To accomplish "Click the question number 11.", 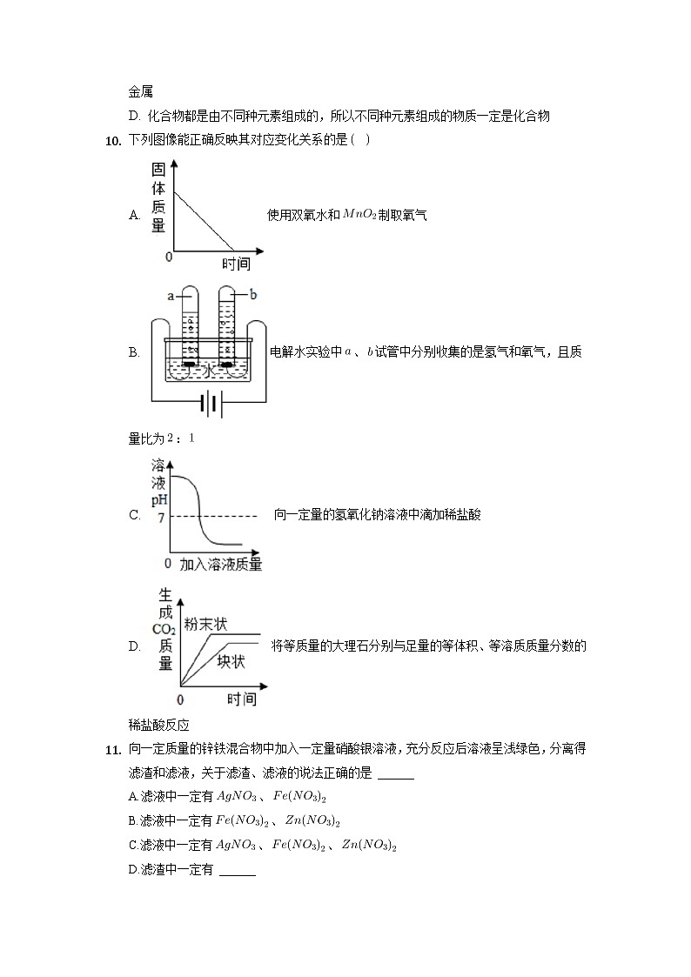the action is [x=112, y=749].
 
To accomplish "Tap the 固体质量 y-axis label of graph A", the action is [x=158, y=197].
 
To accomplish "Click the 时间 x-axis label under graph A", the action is [x=236, y=264].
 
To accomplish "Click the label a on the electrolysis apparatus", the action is [x=172, y=296].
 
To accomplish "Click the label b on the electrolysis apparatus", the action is [x=253, y=295].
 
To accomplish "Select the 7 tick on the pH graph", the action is [x=160, y=517].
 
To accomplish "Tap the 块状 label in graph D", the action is [x=231, y=661].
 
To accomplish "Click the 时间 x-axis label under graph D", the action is [x=242, y=699].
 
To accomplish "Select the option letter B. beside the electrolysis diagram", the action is [x=134, y=352].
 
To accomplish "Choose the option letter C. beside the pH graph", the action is [x=134, y=515].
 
